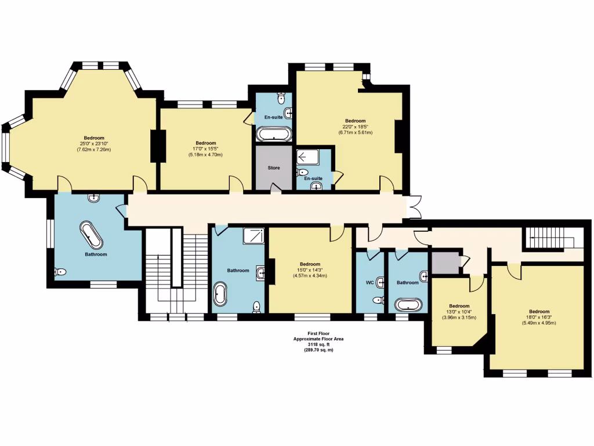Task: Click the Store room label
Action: pyautogui.click(x=274, y=168)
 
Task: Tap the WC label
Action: pyautogui.click(x=370, y=283)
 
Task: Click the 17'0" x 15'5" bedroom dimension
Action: pyautogui.click(x=205, y=149)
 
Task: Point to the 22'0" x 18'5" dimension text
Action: pyautogui.click(x=355, y=127)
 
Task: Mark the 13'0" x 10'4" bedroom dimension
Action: pyautogui.click(x=459, y=312)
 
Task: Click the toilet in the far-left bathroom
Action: pyautogui.click(x=61, y=272)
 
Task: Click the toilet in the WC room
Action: pyautogui.click(x=378, y=300)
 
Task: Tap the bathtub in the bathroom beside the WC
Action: pyautogui.click(x=408, y=304)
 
